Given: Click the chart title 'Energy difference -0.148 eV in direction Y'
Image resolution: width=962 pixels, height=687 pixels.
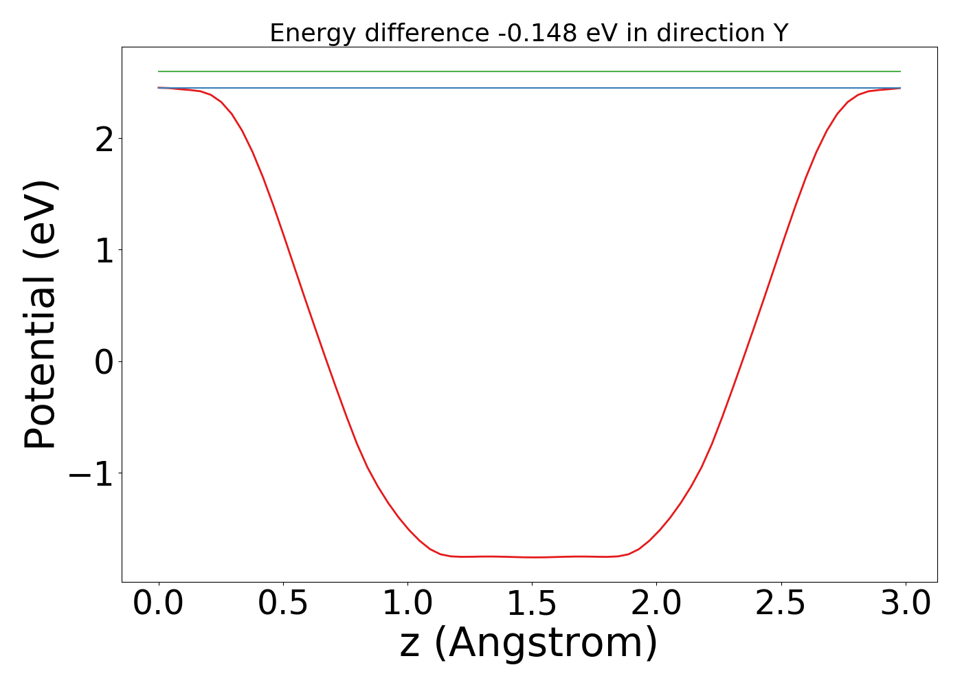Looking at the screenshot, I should click(x=528, y=33).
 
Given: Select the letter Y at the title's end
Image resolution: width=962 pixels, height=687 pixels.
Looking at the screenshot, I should click(x=780, y=33).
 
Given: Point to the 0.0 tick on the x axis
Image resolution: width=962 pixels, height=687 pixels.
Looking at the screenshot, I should click(x=159, y=605).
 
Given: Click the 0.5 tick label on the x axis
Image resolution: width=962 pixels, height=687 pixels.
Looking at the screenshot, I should click(x=283, y=605).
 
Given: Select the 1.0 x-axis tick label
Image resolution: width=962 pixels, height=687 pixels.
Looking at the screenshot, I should click(x=407, y=605).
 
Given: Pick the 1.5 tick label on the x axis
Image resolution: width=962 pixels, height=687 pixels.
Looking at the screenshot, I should click(x=532, y=605).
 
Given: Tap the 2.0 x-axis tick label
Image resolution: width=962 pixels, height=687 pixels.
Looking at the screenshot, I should click(x=656, y=605).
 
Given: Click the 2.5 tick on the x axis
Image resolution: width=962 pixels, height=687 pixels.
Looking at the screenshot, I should click(x=781, y=605).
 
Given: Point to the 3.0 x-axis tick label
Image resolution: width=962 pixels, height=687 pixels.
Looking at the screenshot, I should click(x=906, y=605).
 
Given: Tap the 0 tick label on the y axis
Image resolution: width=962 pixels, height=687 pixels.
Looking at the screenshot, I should click(x=104, y=362).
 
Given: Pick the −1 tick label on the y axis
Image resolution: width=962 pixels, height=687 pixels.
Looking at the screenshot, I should click(x=91, y=474).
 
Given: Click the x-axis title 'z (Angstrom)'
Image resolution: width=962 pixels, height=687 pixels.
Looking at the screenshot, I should click(x=528, y=644).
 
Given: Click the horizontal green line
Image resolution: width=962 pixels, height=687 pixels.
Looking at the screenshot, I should click(x=529, y=71).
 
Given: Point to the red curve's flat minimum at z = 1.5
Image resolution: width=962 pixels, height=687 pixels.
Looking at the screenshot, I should click(x=533, y=557).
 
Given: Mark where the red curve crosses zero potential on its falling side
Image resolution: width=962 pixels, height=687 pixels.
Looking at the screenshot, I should click(x=326, y=361).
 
